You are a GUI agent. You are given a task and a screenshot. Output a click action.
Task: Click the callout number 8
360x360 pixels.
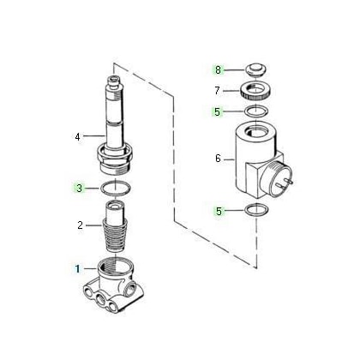click(x=219, y=69)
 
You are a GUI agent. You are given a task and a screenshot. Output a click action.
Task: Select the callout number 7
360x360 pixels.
click(x=218, y=91)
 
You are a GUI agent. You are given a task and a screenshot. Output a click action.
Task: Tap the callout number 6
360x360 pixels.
click(x=219, y=159)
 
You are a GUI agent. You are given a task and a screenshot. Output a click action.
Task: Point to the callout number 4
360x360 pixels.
click(x=77, y=137)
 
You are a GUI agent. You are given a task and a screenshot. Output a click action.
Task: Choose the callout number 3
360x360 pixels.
click(x=79, y=188)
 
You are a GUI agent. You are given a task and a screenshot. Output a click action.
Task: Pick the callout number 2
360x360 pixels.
click(x=81, y=225)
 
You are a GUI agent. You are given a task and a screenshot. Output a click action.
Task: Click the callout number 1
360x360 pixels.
click(x=77, y=269)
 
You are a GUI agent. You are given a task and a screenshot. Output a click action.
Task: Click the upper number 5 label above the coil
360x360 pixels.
click(x=218, y=111)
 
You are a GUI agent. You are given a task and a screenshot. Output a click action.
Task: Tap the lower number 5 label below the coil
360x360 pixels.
click(x=219, y=212)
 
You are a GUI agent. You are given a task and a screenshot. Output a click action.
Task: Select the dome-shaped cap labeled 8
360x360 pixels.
click(x=256, y=69)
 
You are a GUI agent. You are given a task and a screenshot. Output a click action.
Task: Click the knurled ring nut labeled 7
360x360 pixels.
click(x=255, y=92)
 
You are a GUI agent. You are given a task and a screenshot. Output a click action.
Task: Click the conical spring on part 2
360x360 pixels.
click(x=115, y=236)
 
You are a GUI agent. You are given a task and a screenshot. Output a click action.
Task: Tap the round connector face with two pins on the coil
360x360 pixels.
click(x=276, y=180)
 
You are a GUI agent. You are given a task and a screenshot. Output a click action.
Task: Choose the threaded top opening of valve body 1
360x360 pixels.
click(x=115, y=268)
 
